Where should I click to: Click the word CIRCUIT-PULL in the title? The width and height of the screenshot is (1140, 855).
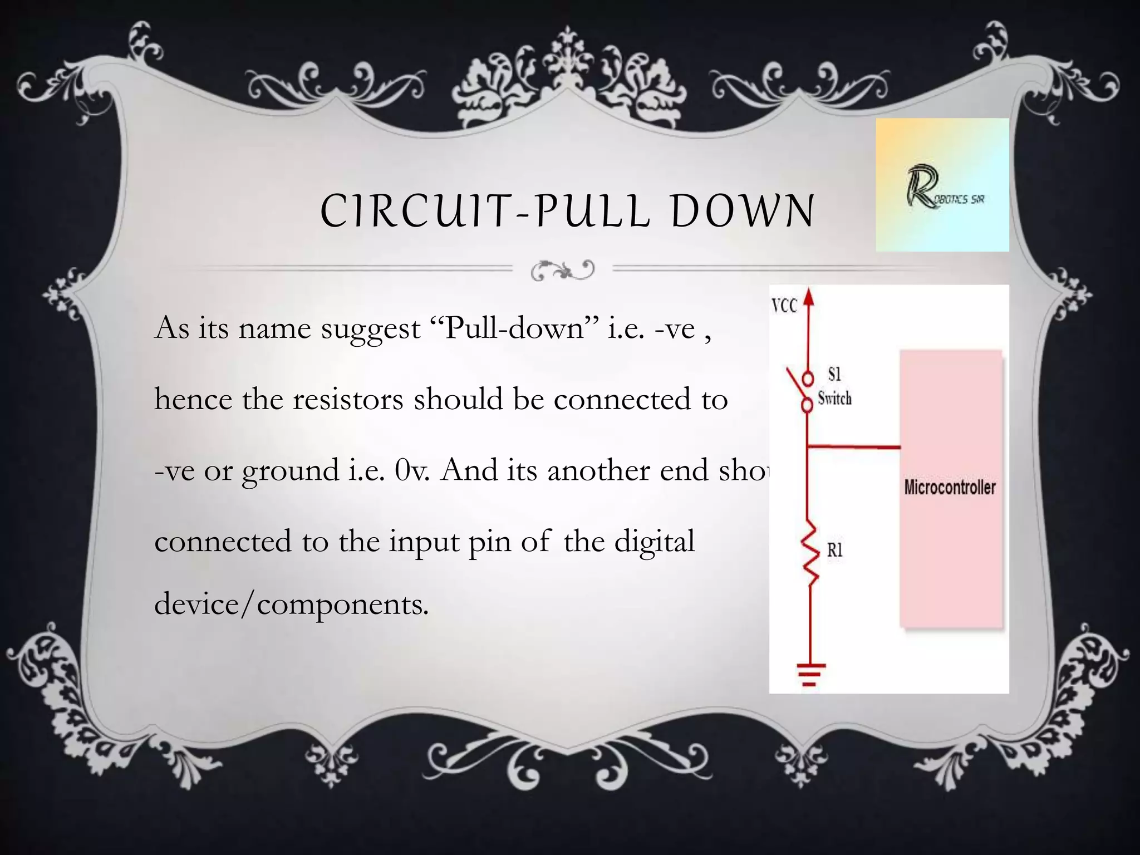[x=484, y=211]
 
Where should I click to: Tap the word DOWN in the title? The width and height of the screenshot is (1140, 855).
[x=743, y=211]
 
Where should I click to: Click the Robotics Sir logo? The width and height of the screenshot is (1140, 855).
[x=942, y=185]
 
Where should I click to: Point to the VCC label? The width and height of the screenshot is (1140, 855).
[x=784, y=306]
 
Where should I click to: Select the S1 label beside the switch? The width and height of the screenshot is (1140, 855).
[x=834, y=374]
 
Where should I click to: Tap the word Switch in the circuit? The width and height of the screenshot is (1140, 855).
[x=834, y=399]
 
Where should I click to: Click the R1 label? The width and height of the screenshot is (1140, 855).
[x=834, y=551]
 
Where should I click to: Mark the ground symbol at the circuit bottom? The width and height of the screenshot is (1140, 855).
[x=810, y=674]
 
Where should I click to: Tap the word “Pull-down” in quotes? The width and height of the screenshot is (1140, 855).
[x=515, y=328]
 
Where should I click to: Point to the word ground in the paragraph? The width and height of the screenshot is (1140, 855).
[x=290, y=471]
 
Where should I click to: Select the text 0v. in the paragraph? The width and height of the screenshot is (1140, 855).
[x=411, y=470]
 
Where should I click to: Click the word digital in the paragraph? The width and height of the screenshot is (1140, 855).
[x=654, y=542]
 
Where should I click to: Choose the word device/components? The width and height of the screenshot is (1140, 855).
[x=291, y=604]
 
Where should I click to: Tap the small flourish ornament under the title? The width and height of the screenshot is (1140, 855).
[x=563, y=270]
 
